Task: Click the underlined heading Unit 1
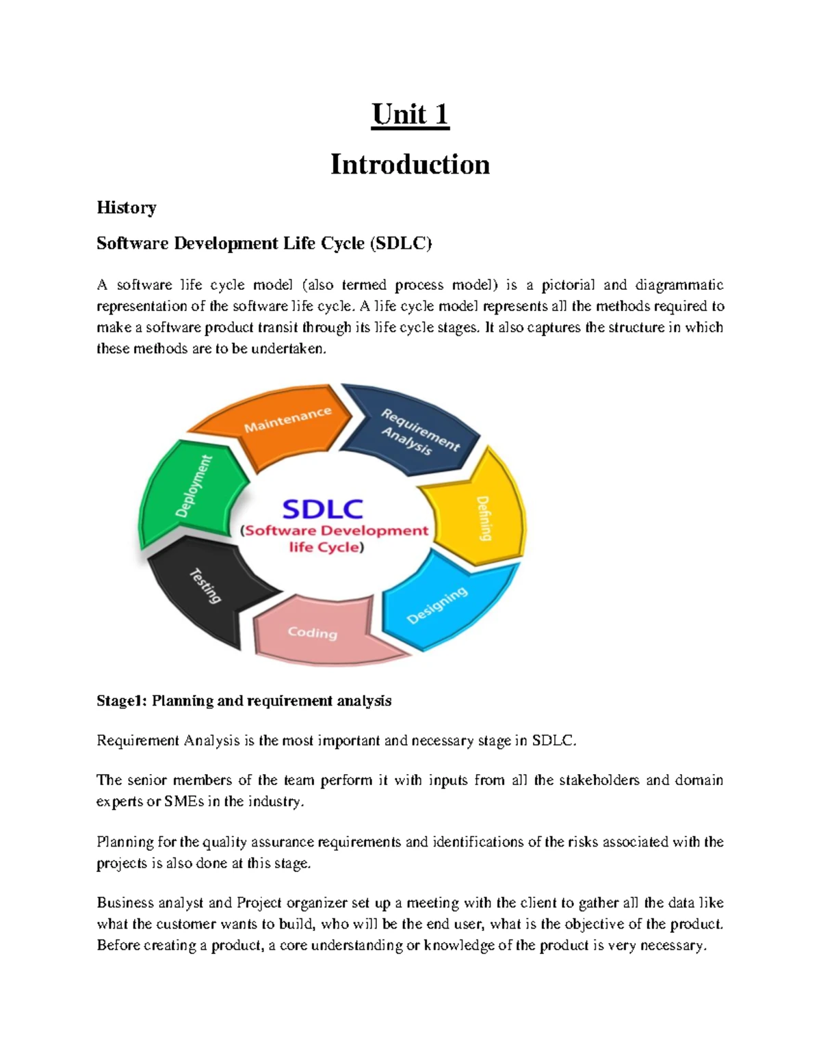(x=410, y=114)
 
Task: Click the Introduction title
(x=410, y=164)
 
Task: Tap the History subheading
(x=127, y=207)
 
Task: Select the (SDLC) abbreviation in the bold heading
(x=401, y=243)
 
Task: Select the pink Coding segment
(x=313, y=633)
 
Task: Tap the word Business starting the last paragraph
(x=125, y=903)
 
